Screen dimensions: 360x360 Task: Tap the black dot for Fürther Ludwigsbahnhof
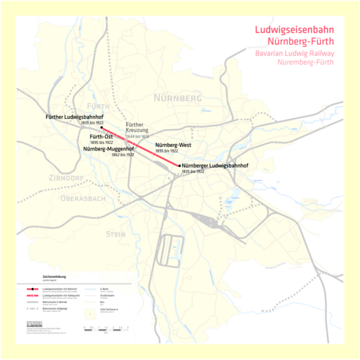coord(102,130)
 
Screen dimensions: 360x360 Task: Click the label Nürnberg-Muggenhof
coord(107,148)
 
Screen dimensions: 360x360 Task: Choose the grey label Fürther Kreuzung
coord(139,127)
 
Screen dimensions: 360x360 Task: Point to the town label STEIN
coord(115,234)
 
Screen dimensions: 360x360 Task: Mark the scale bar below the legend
coord(104,328)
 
